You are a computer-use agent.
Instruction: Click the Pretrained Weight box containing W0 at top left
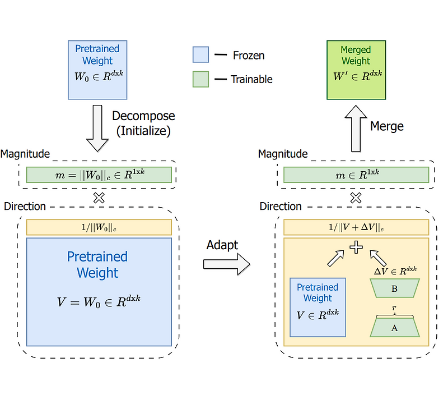click(x=97, y=70)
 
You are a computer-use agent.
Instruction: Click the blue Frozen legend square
click(x=200, y=54)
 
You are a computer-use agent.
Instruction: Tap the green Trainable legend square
click(x=200, y=79)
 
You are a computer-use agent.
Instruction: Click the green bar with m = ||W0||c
click(x=99, y=175)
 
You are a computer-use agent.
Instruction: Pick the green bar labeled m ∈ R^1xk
click(x=356, y=175)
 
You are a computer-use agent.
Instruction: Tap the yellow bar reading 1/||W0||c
click(x=99, y=227)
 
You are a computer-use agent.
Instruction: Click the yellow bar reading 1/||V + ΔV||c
click(x=356, y=227)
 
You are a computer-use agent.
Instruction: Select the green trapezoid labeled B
click(x=394, y=288)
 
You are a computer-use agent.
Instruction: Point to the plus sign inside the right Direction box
click(x=356, y=247)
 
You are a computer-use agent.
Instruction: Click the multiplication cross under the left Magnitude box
click(x=99, y=198)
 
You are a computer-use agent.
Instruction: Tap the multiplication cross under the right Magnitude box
click(x=356, y=198)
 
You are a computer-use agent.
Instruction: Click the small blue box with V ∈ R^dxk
click(x=318, y=306)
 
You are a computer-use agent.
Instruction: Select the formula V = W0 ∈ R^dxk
click(x=99, y=301)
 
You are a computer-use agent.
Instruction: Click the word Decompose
click(x=143, y=116)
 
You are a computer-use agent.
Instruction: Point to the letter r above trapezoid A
click(x=394, y=308)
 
